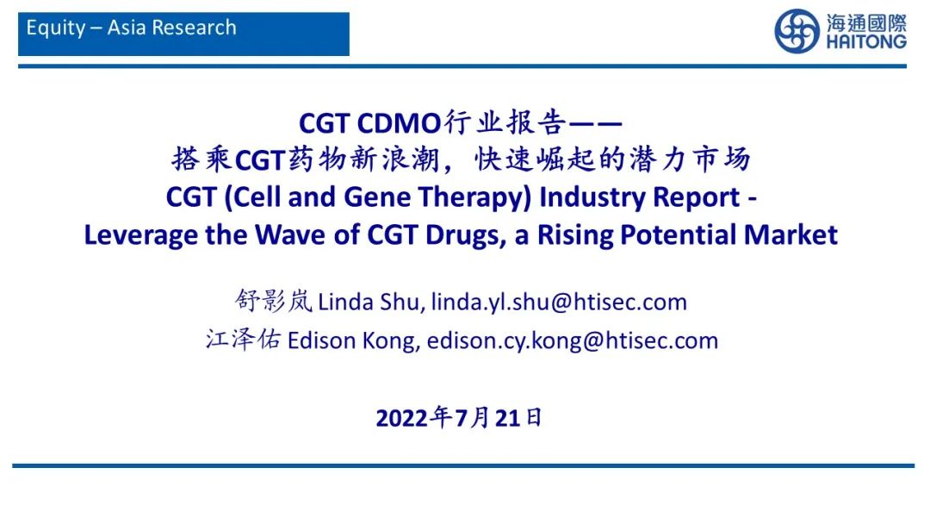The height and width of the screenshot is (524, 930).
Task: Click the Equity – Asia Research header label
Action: tap(131, 28)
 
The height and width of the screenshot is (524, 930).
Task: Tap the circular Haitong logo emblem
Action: tap(797, 31)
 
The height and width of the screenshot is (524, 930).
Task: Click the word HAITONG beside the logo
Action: tap(866, 41)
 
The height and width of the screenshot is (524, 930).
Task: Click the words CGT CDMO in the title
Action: tap(369, 123)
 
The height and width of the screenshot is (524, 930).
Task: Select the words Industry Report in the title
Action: tap(639, 197)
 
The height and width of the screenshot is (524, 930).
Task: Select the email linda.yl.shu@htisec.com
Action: tap(559, 302)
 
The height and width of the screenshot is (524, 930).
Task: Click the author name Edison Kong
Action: tap(353, 340)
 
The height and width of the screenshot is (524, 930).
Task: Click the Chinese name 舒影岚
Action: tap(273, 302)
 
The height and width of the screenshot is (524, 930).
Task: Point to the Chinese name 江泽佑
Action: tap(244, 340)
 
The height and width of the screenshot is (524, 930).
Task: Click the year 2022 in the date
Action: tap(402, 419)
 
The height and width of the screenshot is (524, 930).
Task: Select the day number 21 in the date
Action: tap(509, 419)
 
